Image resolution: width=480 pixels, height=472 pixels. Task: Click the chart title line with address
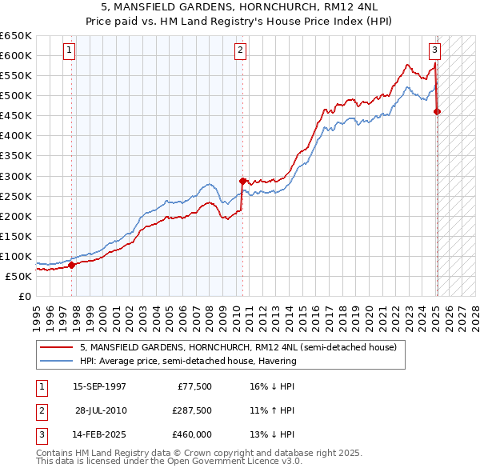(x=240, y=8)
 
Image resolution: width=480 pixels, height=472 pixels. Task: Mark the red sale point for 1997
(x=71, y=265)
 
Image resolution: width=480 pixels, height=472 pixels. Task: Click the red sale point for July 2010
(x=242, y=181)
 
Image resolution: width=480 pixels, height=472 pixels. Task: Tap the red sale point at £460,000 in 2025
(x=437, y=112)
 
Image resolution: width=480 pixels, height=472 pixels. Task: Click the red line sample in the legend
(x=57, y=347)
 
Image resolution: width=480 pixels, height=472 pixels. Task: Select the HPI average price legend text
(x=187, y=361)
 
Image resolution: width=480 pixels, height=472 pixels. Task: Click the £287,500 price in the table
(x=191, y=410)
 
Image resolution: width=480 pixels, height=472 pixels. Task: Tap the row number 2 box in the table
(x=41, y=410)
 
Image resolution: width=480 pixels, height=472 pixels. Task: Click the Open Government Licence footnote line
(x=169, y=462)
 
